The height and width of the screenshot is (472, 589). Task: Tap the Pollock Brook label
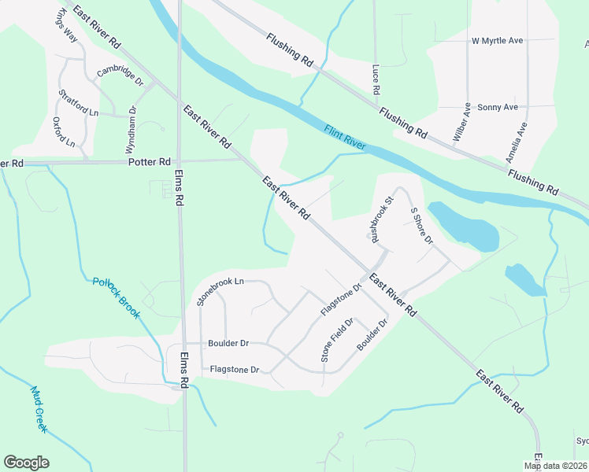click(x=116, y=297)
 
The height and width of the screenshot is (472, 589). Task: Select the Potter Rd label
click(x=149, y=162)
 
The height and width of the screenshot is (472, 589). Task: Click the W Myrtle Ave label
click(x=497, y=40)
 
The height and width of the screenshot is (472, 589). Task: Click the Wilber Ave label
click(x=462, y=122)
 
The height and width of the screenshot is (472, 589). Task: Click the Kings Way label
click(x=65, y=25)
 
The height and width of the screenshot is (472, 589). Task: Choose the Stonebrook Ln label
click(x=220, y=289)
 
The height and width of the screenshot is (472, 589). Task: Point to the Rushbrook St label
click(x=374, y=217)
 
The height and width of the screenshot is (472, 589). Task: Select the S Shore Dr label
click(x=421, y=225)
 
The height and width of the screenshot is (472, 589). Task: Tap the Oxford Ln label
click(x=63, y=132)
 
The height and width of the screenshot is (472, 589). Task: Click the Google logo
click(x=26, y=463)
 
